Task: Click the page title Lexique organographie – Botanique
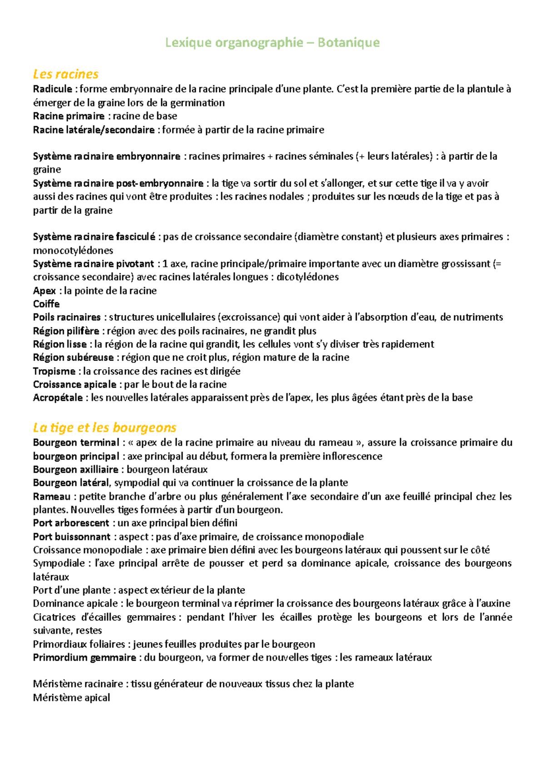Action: pyautogui.click(x=272, y=43)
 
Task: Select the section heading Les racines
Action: pyautogui.click(x=66, y=74)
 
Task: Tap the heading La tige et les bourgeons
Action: pyautogui.click(x=104, y=427)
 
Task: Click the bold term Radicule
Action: pyautogui.click(x=53, y=89)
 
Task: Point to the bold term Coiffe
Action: pyautogui.click(x=46, y=304)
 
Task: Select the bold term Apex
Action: pyautogui.click(x=45, y=291)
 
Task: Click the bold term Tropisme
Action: pyautogui.click(x=54, y=371)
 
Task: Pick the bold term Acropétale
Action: pyautogui.click(x=58, y=398)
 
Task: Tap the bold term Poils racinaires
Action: pyautogui.click(x=67, y=317)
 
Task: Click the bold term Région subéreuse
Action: pyautogui.click(x=73, y=357)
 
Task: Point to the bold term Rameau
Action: pyautogui.click(x=52, y=496)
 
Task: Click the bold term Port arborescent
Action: pyautogui.click(x=71, y=523)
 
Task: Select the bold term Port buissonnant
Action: pyautogui.click(x=72, y=537)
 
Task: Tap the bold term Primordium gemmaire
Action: pyautogui.click(x=84, y=657)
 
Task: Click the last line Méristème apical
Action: pyautogui.click(x=71, y=697)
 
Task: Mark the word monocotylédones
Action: pyautogui.click(x=73, y=250)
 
